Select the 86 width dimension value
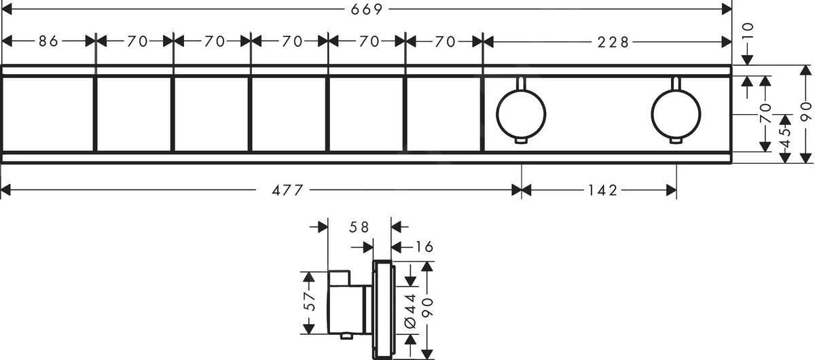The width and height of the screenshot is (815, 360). (x=48, y=41)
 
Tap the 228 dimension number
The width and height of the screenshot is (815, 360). (x=615, y=41)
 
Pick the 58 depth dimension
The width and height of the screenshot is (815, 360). (x=360, y=228)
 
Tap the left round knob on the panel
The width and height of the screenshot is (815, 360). (x=521, y=113)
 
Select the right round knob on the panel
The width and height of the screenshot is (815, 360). (x=675, y=113)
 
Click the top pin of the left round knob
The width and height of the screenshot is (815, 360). (x=520, y=83)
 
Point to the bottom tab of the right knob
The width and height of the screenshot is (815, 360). (x=675, y=141)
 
